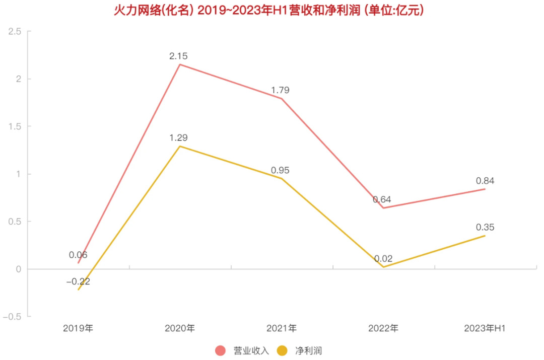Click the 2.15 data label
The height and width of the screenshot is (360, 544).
tap(180, 55)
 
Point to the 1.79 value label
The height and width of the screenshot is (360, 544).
tap(281, 90)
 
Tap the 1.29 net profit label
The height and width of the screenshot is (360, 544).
tap(180, 137)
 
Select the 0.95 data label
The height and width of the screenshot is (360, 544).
tap(281, 170)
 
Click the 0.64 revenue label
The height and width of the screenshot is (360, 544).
tap(382, 199)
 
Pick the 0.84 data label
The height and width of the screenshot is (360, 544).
tap(485, 181)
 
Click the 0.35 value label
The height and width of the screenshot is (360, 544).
tap(485, 227)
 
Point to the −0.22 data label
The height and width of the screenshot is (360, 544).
tap(78, 281)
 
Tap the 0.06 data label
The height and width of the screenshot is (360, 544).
tap(78, 255)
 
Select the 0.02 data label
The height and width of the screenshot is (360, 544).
tap(383, 259)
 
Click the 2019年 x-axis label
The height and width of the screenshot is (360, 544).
tap(78, 328)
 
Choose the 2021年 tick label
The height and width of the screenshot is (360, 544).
tap(281, 328)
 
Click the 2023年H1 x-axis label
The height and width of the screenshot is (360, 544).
tap(485, 328)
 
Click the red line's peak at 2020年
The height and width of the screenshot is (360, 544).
tap(180, 64)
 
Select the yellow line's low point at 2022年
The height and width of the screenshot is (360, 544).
tap(383, 267)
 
